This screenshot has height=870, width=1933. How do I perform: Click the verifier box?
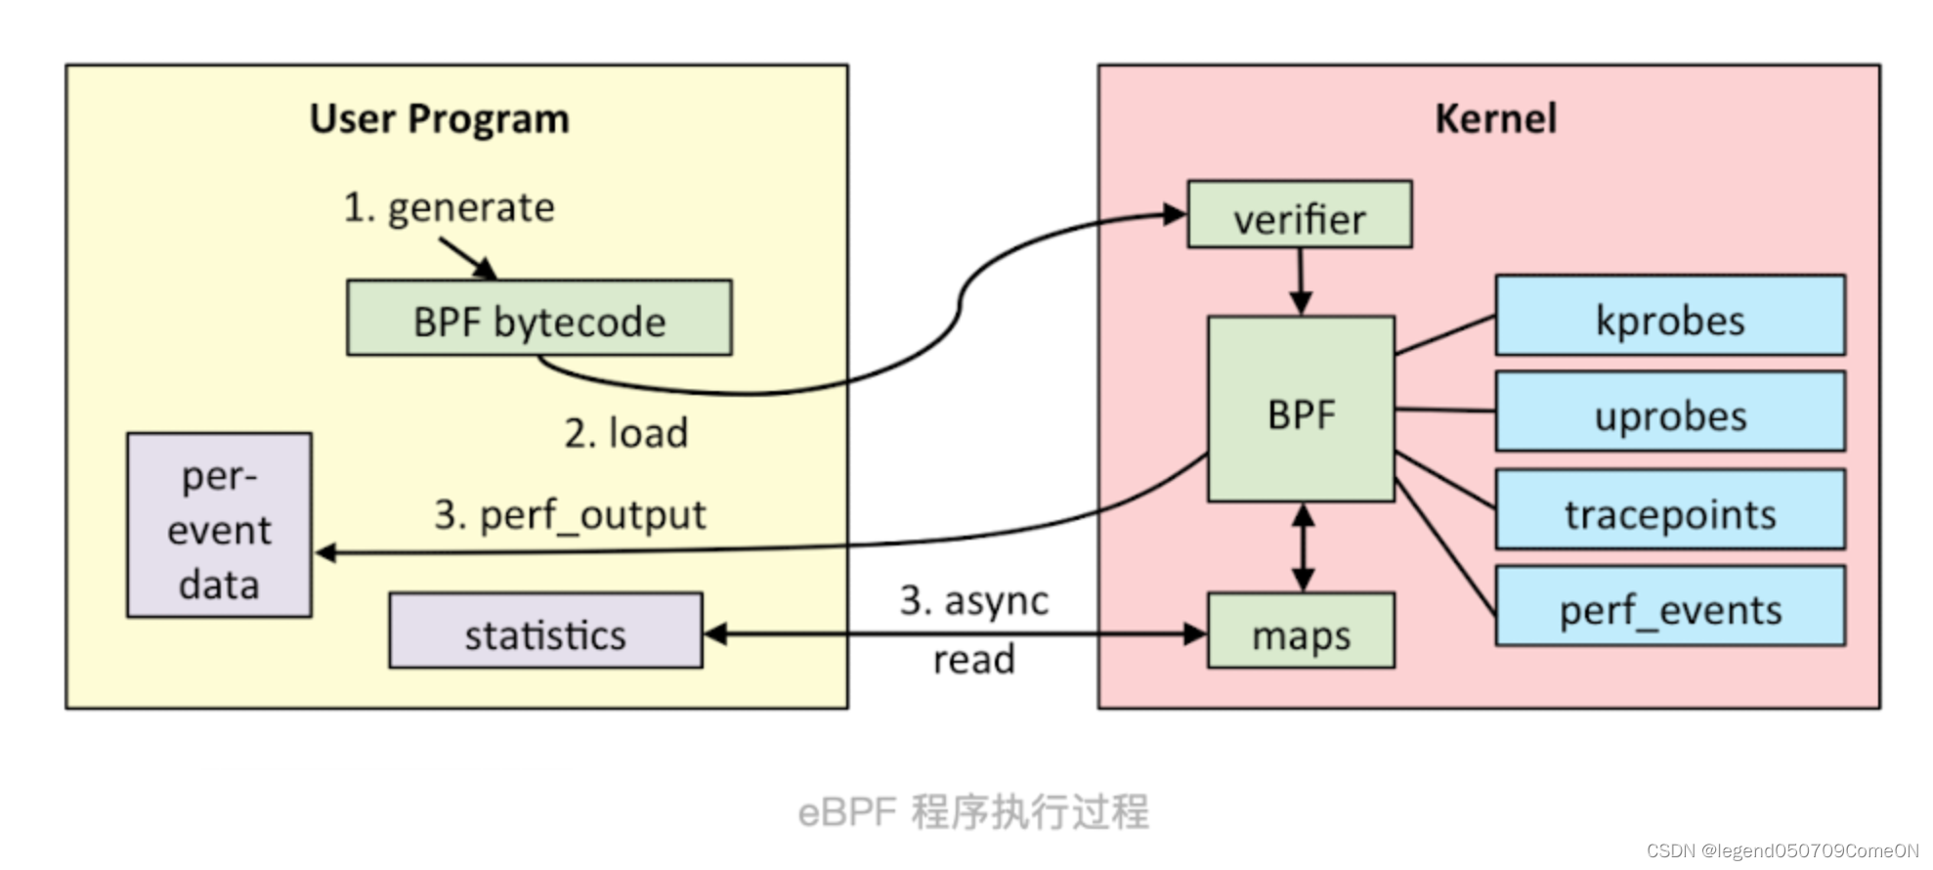1299,215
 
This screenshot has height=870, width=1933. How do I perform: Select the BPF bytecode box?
538,319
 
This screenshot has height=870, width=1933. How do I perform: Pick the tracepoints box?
1669,510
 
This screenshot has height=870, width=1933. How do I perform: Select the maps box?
1301,631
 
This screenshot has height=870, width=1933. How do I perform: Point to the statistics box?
544,631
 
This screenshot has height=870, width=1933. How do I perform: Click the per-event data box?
219,526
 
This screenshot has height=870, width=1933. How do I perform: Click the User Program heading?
439,118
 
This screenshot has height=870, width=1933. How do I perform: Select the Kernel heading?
1494,118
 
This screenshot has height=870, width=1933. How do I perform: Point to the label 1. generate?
449,207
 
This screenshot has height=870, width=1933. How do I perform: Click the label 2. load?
625,432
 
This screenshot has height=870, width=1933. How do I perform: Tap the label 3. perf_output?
570,514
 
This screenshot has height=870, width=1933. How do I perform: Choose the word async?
996,600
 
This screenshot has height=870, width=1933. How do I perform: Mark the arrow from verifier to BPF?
1300,281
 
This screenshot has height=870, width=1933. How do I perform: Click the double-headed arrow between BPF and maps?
1303,547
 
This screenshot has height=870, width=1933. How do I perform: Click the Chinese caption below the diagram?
973,811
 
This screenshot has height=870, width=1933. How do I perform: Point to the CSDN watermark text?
1782,850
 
